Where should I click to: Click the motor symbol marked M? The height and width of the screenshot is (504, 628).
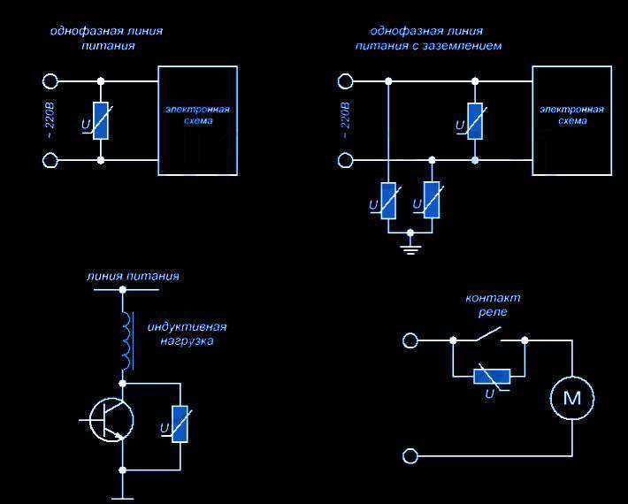click(572, 398)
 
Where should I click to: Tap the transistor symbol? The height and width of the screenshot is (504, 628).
click(111, 419)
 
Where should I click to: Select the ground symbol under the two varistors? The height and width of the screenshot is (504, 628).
click(410, 248)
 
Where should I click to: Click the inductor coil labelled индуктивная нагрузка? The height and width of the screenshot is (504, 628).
click(126, 340)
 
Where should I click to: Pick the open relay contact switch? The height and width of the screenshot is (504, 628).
click(488, 334)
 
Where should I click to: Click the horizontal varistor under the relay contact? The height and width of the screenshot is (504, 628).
click(492, 377)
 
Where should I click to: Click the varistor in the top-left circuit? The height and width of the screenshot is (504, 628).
click(101, 121)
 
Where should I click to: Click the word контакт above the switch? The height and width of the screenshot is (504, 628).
click(493, 298)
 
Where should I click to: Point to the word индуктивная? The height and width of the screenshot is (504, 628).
click(187, 327)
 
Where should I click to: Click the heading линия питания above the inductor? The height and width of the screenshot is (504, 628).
click(133, 276)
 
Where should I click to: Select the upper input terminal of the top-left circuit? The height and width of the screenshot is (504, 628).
click(50, 81)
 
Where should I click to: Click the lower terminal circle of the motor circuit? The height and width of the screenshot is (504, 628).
click(410, 456)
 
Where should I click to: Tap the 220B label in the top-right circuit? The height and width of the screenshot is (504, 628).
click(346, 114)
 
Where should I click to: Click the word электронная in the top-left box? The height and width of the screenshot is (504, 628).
click(198, 110)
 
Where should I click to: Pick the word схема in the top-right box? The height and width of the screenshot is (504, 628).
click(572, 121)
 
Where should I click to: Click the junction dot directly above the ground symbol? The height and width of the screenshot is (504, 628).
click(410, 233)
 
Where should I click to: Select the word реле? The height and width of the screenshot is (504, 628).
click(493, 312)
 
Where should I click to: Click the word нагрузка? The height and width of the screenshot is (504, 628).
click(187, 341)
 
